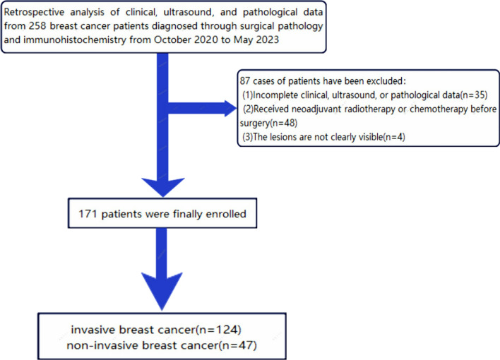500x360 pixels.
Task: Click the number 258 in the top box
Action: [37, 26]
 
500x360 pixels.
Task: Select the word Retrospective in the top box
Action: [34, 13]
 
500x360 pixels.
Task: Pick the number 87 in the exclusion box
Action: [245, 81]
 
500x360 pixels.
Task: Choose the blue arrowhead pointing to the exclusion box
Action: [230, 109]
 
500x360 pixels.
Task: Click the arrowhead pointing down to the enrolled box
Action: [163, 187]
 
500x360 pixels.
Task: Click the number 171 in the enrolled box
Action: [88, 214]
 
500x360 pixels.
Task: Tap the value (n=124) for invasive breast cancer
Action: [218, 330]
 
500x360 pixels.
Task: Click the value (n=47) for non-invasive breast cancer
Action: [238, 345]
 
